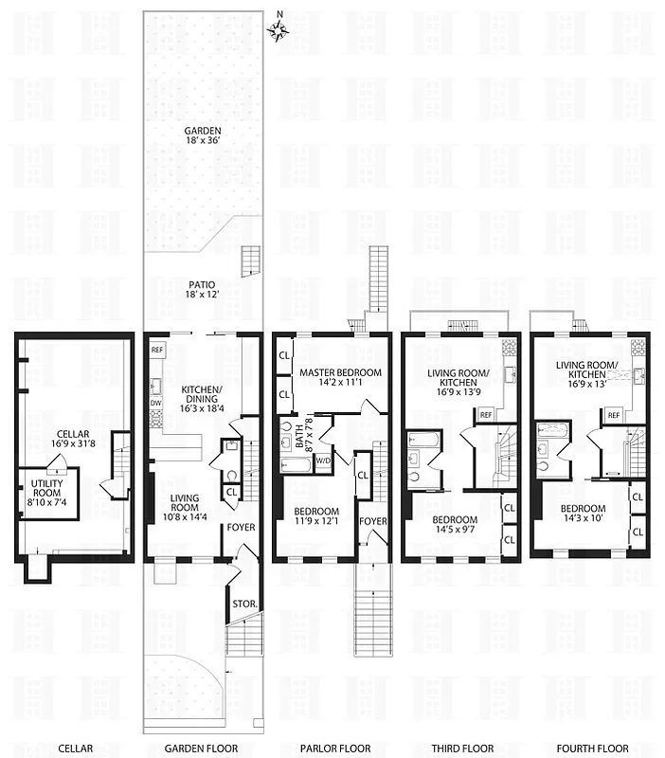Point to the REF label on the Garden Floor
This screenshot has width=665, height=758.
(157, 350)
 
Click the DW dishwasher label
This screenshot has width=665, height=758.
(154, 402)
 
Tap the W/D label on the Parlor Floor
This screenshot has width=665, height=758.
(322, 461)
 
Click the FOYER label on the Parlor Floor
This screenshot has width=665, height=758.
(372, 520)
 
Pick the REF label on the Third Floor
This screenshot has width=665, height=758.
(485, 415)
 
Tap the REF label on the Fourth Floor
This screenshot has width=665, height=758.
(613, 414)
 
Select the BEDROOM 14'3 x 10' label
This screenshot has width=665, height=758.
(583, 514)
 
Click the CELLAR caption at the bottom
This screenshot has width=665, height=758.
(73, 749)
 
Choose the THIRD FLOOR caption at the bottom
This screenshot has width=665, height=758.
(461, 749)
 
